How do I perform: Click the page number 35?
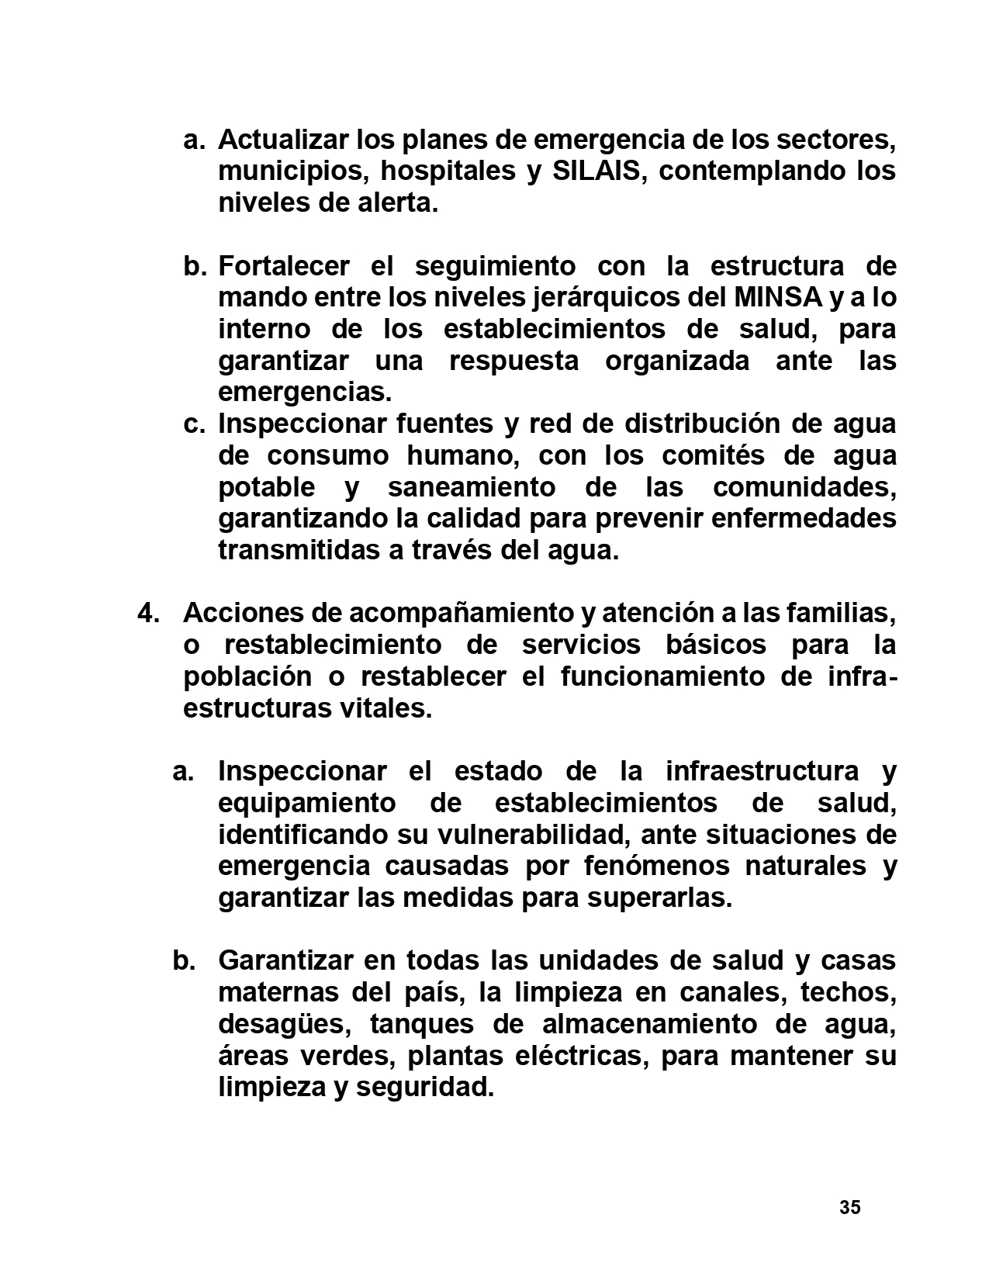coord(849,1208)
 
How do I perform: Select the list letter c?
coord(194,424)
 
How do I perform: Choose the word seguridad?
coord(424,1088)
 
